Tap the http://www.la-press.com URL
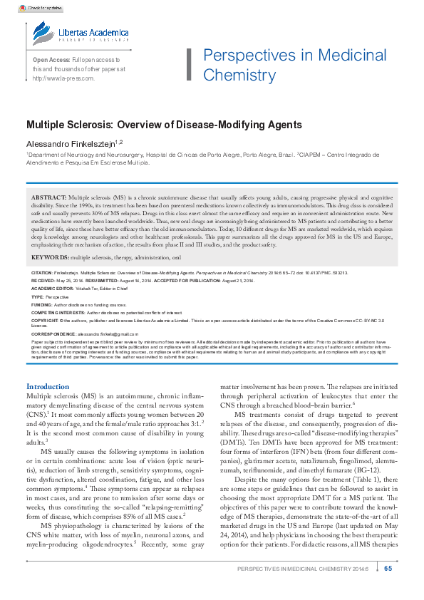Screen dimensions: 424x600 point(64,78)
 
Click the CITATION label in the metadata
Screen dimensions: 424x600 point(43,273)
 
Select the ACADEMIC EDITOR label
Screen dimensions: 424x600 point(54,288)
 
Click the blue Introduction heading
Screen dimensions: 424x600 point(48,386)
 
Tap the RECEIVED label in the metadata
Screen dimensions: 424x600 point(43,281)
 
